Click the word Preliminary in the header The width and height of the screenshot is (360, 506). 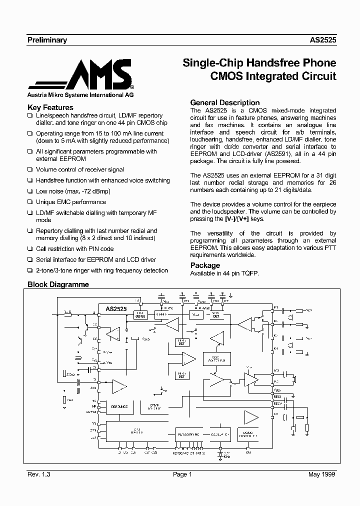[x=46, y=40]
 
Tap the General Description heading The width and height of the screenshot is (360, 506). [x=225, y=102]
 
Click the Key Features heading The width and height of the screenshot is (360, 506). [x=50, y=107]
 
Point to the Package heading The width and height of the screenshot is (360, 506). [x=205, y=265]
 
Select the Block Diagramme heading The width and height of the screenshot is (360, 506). [x=58, y=284]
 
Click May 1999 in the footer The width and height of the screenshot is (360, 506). [x=322, y=474]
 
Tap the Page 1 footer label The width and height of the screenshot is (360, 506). [x=182, y=474]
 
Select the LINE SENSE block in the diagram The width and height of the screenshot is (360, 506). [x=139, y=314]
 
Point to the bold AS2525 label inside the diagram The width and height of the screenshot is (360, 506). [x=116, y=309]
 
